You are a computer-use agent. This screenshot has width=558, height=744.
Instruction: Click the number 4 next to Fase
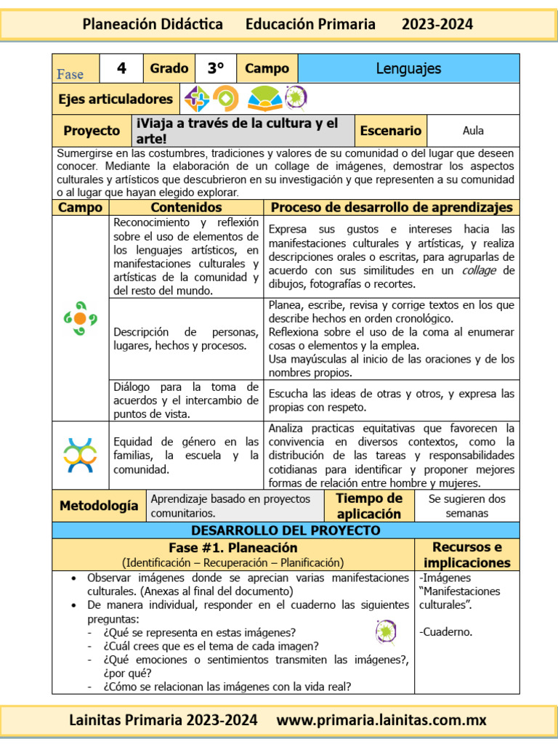121,69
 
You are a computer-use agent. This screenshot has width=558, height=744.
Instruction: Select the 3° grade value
215,69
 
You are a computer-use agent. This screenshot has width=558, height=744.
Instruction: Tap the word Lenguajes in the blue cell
408,69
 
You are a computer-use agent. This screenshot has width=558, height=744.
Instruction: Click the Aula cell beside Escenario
473,131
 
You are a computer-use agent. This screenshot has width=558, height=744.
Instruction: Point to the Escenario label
390,131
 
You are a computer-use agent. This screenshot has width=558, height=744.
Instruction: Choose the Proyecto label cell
92,131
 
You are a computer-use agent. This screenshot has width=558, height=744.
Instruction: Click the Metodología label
98,505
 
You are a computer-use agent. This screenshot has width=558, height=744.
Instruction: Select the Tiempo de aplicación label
369,506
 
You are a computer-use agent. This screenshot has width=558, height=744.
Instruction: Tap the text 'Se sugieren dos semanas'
466,506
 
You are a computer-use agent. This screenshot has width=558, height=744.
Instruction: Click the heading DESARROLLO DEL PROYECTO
285,530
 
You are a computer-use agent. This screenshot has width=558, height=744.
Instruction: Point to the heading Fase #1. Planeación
232,548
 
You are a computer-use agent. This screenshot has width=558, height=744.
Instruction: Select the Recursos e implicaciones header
466,554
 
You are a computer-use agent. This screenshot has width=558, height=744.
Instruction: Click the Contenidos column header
186,208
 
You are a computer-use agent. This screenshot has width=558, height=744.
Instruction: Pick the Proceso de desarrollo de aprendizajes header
392,208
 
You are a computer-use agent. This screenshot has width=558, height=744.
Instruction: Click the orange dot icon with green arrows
80,318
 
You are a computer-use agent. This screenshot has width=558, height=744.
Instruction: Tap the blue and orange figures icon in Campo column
80,455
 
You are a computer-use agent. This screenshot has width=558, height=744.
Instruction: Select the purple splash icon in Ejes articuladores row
296,97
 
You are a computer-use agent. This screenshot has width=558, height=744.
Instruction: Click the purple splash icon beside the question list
386,631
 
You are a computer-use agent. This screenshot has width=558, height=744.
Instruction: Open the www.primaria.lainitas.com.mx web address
381,721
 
